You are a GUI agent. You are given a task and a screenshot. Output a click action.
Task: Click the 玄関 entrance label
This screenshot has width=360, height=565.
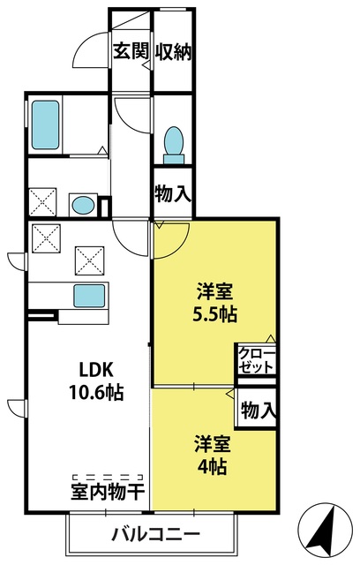[x=131, y=51]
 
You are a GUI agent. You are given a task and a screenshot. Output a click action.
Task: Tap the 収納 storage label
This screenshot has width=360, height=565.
[x=173, y=51]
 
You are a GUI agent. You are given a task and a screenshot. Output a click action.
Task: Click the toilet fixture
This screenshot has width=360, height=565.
[x=174, y=145]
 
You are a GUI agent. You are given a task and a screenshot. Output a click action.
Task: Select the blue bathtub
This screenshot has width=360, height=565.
[x=45, y=124]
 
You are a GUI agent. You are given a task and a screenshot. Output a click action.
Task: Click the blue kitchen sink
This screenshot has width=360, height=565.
[x=90, y=296]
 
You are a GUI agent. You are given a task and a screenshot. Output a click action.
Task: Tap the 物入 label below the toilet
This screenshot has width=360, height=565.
[x=172, y=193]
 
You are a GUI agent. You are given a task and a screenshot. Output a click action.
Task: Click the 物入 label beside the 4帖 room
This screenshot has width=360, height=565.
[x=259, y=410]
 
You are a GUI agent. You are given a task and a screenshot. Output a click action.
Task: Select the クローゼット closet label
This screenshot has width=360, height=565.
[x=256, y=360]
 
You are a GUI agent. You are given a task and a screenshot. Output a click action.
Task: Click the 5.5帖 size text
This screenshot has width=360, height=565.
[x=215, y=315]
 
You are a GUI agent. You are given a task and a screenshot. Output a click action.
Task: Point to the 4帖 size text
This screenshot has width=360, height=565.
[x=212, y=467]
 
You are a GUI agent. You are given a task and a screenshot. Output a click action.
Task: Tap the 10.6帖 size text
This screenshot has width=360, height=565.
[x=96, y=392]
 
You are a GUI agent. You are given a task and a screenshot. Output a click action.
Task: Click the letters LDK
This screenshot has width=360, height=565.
[x=96, y=370]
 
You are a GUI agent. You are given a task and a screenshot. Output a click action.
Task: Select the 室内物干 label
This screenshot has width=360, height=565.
[x=108, y=492]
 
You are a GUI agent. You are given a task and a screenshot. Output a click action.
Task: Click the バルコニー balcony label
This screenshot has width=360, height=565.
[x=155, y=533]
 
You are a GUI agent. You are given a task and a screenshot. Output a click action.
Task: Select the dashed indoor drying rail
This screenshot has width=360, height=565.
[x=108, y=477]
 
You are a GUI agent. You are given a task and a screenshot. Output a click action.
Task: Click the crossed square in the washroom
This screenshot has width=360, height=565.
[x=42, y=202]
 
